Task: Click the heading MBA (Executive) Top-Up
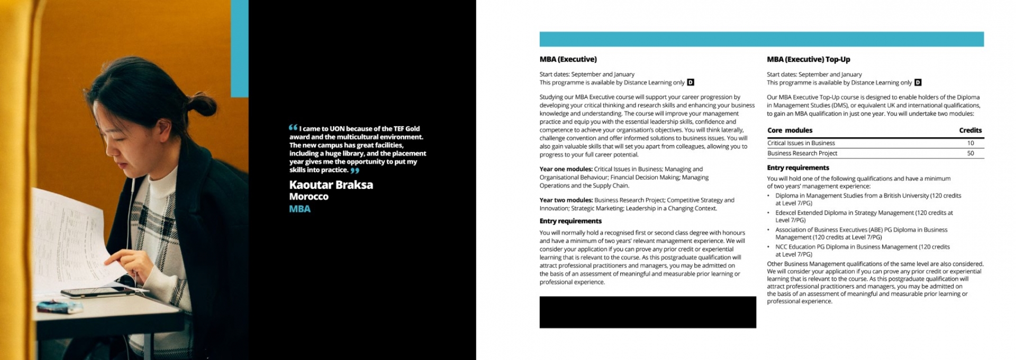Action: click(x=808, y=59)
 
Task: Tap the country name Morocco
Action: click(x=309, y=196)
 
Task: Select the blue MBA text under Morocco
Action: click(x=300, y=209)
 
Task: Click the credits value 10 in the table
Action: click(x=970, y=143)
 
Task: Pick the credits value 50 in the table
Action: click(x=970, y=154)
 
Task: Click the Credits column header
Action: click(x=970, y=130)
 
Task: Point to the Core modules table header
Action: click(x=790, y=130)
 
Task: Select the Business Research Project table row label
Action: click(x=802, y=154)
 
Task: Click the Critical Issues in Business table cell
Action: click(x=801, y=143)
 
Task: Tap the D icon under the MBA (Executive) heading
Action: click(x=690, y=83)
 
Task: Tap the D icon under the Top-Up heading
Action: click(x=918, y=83)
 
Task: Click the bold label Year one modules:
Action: click(x=566, y=169)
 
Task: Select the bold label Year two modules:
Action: click(x=566, y=200)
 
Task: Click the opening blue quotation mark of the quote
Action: click(x=293, y=128)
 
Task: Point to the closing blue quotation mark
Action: click(x=355, y=170)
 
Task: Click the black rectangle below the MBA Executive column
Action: click(x=647, y=312)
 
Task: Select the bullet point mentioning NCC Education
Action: click(x=862, y=250)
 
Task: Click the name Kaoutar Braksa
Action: click(x=331, y=185)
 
